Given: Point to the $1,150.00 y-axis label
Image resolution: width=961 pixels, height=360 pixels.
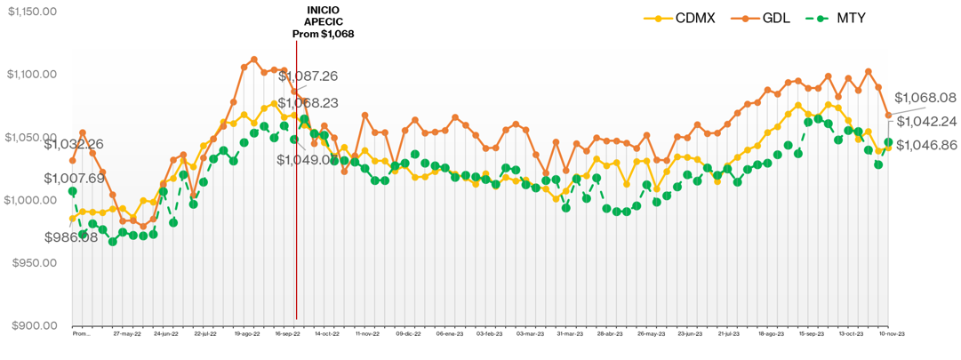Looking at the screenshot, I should pos(32,12).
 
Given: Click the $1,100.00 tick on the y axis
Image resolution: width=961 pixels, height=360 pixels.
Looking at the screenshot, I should pos(32,75).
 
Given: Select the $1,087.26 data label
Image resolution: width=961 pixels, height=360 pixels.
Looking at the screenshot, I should pos(308,76).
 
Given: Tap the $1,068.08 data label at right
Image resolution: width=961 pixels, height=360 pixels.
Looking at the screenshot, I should pos(925,97).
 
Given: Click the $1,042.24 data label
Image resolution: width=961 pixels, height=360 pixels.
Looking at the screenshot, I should pos(925,121).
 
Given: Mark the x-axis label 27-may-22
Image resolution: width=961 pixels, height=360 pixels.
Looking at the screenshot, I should pos(128,335).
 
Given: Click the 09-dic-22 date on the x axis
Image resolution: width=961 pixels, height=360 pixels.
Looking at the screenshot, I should pos(408,335).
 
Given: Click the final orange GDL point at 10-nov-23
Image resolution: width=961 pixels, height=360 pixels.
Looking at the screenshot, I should pos(888,116).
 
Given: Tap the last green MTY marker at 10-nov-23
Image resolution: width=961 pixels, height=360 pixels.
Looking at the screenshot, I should pos(888,142).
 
